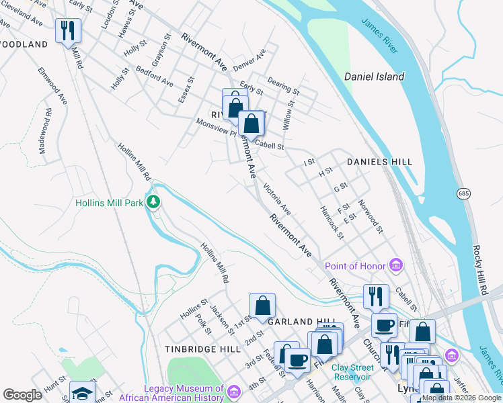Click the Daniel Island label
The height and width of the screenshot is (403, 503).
click(374, 77)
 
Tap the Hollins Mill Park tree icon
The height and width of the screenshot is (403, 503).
click(154, 201)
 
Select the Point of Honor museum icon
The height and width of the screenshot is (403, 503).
click(396, 266)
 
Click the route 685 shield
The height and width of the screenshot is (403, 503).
click(463, 193)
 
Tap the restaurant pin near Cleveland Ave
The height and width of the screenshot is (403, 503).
click(68, 31)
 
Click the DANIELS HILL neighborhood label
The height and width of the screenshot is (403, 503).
click(379, 163)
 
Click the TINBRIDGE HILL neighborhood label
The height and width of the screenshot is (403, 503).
click(202, 349)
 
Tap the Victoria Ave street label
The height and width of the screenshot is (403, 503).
click(276, 199)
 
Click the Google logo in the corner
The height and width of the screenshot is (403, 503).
click(22, 395)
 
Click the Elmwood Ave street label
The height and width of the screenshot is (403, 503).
click(53, 85)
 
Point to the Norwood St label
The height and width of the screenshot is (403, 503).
click(371, 216)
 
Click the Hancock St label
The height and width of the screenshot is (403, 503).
click(332, 222)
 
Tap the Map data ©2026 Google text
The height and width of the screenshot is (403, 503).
click(461, 398)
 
